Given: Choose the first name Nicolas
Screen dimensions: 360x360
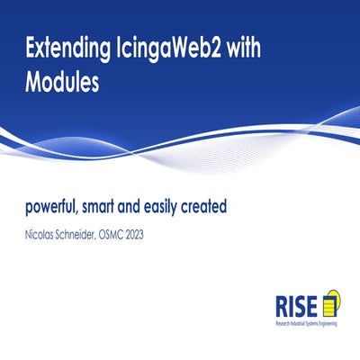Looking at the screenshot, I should (42, 235).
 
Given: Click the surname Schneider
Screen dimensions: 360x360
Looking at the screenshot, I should (93, 235).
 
